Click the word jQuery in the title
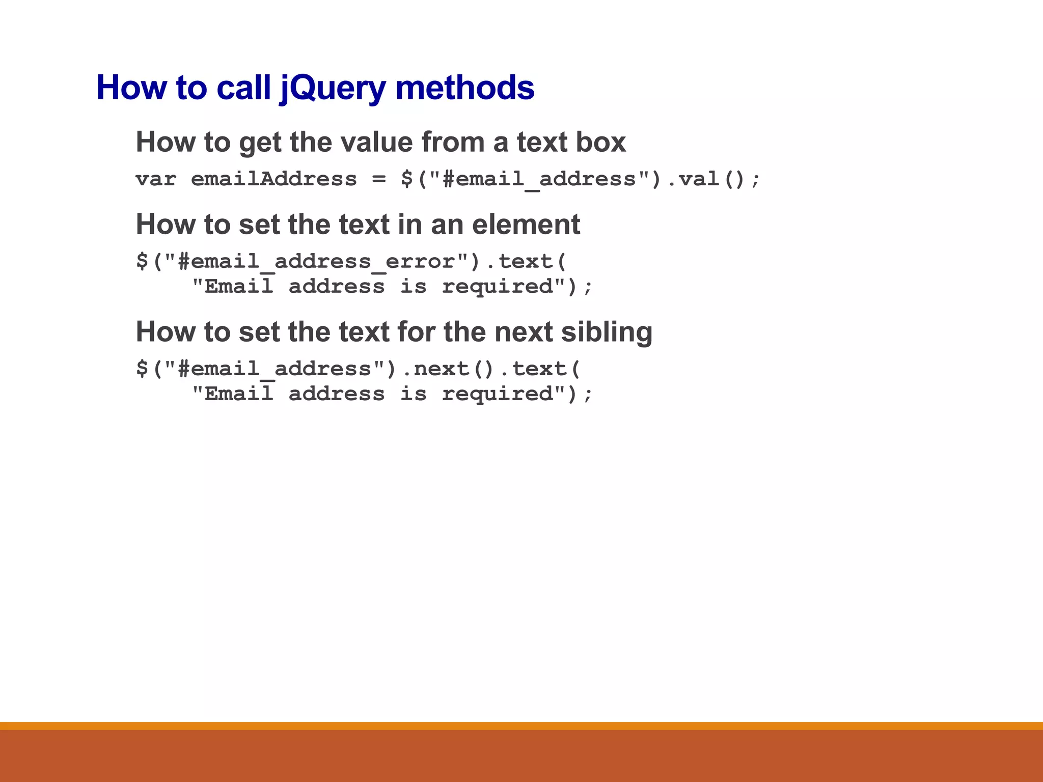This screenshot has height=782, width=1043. click(334, 88)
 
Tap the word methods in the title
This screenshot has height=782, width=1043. click(464, 88)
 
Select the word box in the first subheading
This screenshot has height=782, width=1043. click(601, 142)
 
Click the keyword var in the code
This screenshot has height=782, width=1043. click(156, 179)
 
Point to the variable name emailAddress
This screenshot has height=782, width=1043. click(274, 179)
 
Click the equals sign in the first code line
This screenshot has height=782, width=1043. click(379, 179)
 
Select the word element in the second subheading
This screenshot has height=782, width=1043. click(526, 225)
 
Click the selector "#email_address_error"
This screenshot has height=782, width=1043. click(316, 262)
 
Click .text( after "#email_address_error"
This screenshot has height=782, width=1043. click(526, 262)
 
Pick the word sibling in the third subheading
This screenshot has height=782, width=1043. click(607, 332)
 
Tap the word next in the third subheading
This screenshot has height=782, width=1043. click(524, 332)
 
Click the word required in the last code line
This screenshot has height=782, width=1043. click(497, 394)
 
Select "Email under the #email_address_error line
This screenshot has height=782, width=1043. click(233, 287)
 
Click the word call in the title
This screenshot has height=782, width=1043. click(243, 88)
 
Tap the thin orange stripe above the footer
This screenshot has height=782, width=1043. click(521, 725)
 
